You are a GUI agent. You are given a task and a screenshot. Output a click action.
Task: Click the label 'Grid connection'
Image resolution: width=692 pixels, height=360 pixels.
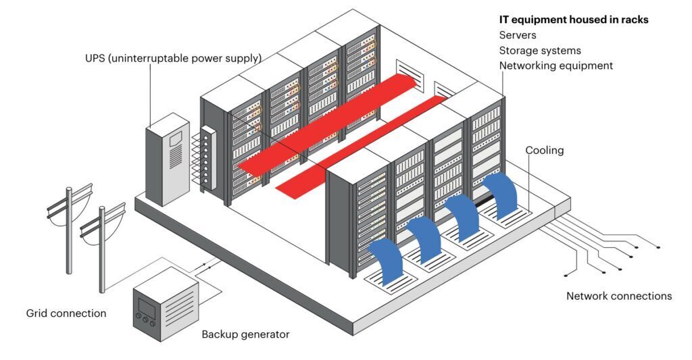click(x=66, y=313)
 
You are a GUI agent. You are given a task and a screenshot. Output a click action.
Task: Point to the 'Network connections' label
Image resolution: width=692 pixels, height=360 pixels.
click(x=619, y=296)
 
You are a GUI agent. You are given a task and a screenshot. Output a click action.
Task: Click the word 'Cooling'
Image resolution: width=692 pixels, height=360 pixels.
click(x=544, y=150)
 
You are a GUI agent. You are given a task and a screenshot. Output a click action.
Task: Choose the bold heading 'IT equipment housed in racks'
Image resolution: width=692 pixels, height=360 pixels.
click(x=574, y=20)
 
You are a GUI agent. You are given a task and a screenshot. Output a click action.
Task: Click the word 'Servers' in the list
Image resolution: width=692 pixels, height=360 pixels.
click(x=519, y=35)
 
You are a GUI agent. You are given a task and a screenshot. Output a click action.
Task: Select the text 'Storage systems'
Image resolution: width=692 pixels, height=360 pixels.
click(x=540, y=51)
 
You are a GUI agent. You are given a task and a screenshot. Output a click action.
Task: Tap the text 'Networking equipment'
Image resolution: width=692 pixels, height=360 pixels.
click(x=555, y=66)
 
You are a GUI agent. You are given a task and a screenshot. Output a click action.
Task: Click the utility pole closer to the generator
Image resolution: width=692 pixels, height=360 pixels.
click(x=102, y=247)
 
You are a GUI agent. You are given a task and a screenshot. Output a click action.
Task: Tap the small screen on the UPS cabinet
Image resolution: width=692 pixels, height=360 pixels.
click(x=175, y=138)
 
